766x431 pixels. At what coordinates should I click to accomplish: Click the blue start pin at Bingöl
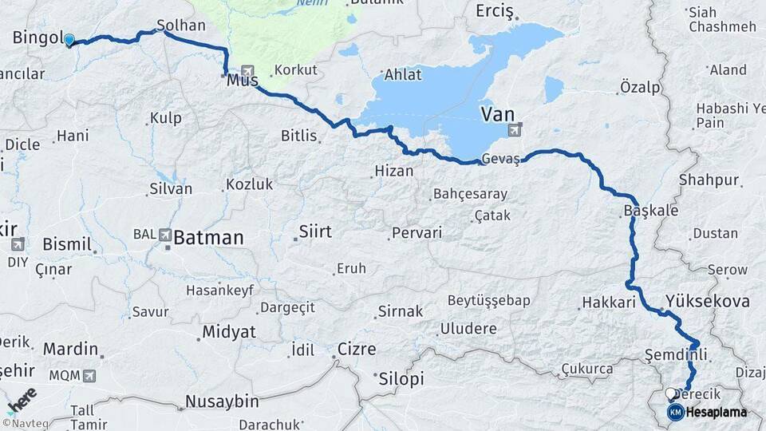point(69,39)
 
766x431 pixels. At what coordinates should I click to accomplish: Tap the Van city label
point(497,115)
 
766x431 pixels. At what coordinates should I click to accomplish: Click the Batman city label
point(208,237)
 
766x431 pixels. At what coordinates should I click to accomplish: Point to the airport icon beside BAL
point(165,235)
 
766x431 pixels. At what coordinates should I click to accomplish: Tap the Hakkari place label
point(608,302)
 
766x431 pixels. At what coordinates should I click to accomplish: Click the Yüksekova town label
point(707,302)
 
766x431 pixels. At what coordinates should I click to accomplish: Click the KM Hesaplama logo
point(707,412)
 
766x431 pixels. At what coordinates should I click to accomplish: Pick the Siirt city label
point(314,231)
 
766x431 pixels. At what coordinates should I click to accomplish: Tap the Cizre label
point(357,349)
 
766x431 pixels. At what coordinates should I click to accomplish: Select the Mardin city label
point(70,349)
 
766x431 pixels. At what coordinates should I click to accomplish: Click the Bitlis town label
point(299,136)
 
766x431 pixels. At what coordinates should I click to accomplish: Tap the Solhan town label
point(181,26)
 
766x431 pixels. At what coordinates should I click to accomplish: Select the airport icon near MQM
point(88,375)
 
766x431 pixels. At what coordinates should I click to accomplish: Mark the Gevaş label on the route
point(501,159)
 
